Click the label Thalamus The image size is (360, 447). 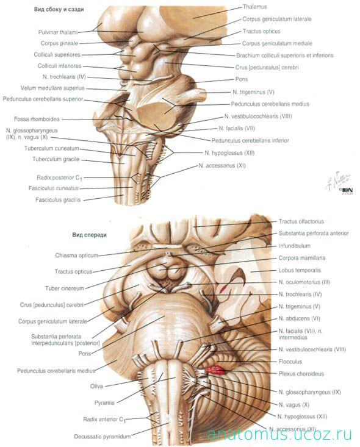click(254, 7)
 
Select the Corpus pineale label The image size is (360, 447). click(59, 43)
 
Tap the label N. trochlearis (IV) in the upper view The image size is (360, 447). click(64, 77)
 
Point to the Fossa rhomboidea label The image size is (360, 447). click(37, 119)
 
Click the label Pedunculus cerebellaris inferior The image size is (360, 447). click(250, 140)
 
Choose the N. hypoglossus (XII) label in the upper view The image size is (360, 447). click(229, 153)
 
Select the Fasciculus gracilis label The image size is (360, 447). click(58, 200)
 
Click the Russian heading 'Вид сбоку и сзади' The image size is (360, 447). click(59, 9)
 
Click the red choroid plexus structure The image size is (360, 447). click(215, 370)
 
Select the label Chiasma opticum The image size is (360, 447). click(76, 256)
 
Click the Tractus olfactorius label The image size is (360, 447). click(301, 221)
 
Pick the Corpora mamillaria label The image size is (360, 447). click(302, 258)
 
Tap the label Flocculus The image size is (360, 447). click(290, 362)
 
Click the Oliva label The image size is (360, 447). click(96, 386)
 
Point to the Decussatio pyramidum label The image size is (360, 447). click(102, 437)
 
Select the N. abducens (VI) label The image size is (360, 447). click(299, 319)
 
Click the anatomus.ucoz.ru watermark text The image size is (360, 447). click(279, 434)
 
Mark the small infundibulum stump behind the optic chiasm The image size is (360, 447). click(170, 254)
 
